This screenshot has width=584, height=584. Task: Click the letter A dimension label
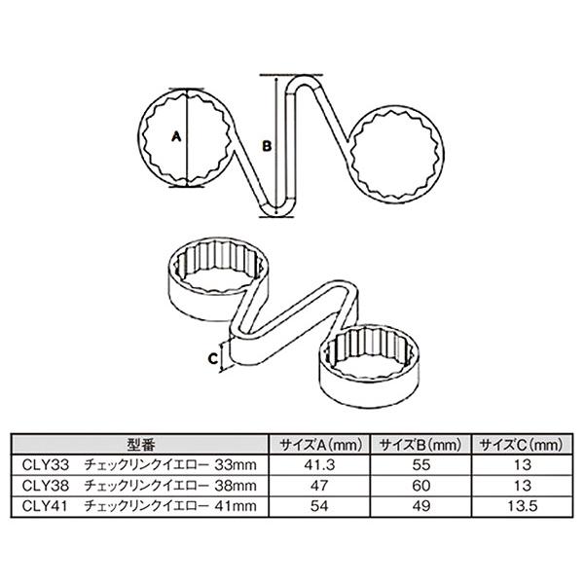176,137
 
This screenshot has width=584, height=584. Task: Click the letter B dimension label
267,146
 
